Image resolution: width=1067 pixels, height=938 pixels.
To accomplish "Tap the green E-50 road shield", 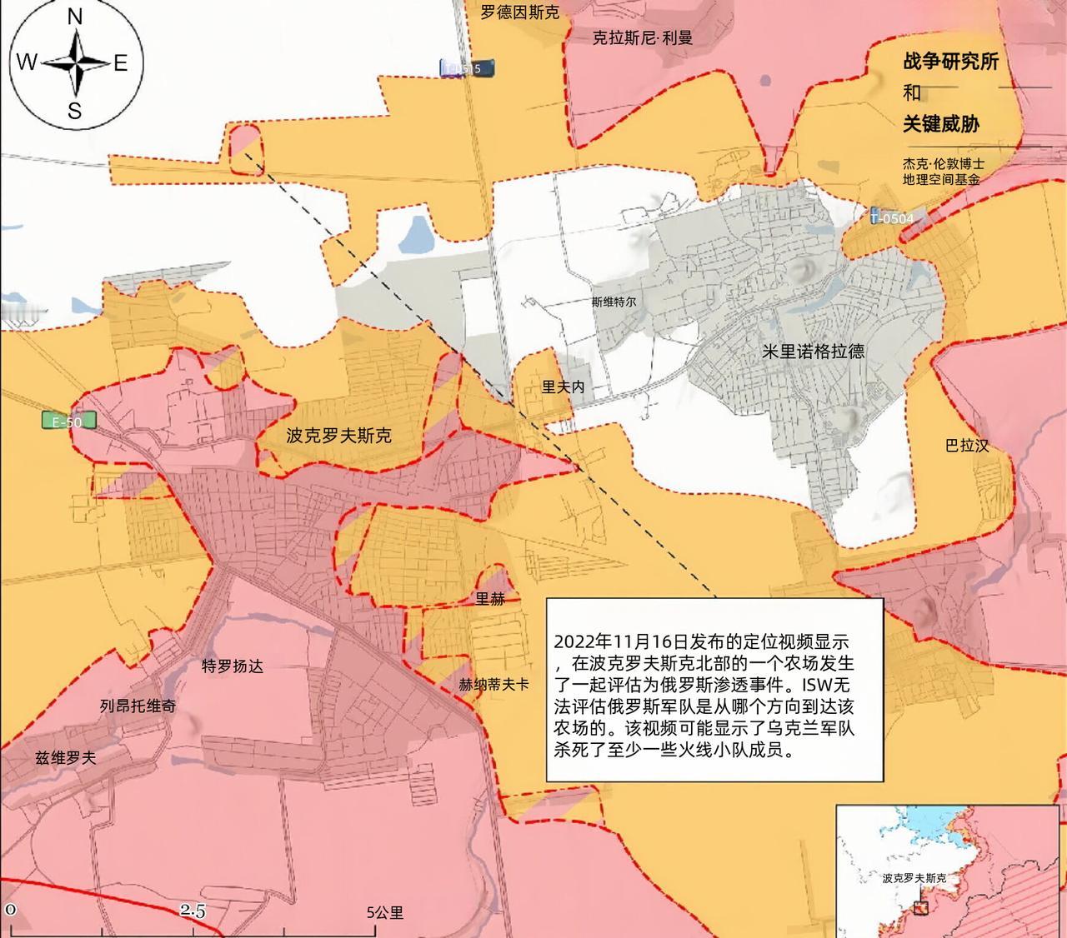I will pyautogui.click(x=68, y=422).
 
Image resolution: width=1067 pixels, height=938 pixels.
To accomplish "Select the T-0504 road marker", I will pyautogui.click(x=891, y=217).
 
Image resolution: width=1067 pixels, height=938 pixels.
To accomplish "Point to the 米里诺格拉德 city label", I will pyautogui.click(x=813, y=352).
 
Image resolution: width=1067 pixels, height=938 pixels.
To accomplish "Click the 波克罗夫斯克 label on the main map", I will pyautogui.click(x=338, y=435).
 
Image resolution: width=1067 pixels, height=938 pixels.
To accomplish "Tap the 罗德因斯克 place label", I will pyautogui.click(x=520, y=12).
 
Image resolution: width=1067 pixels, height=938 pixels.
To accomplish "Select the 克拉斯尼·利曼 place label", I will pyautogui.click(x=642, y=37).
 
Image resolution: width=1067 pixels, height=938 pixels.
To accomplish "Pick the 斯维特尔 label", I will pyautogui.click(x=614, y=302).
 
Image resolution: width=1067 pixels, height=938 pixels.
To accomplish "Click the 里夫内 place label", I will pyautogui.click(x=564, y=387).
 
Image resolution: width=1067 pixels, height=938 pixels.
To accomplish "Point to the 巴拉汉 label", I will pyautogui.click(x=967, y=446).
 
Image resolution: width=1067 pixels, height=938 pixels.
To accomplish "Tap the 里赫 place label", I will pyautogui.click(x=490, y=598).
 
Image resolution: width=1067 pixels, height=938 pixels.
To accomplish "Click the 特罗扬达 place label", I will pyautogui.click(x=233, y=666).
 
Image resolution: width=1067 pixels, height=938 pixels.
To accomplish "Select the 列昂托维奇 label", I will pyautogui.click(x=138, y=706).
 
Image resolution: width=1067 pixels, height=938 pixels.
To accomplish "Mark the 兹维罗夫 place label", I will pyautogui.click(x=65, y=758).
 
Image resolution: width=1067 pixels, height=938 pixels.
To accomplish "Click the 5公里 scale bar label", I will pyautogui.click(x=385, y=912).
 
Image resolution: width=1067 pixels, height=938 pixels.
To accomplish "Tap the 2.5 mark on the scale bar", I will pyautogui.click(x=193, y=912).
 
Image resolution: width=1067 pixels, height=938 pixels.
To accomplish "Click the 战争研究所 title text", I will pyautogui.click(x=950, y=62).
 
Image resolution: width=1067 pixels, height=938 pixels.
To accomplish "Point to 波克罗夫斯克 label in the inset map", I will pyautogui.click(x=914, y=878).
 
